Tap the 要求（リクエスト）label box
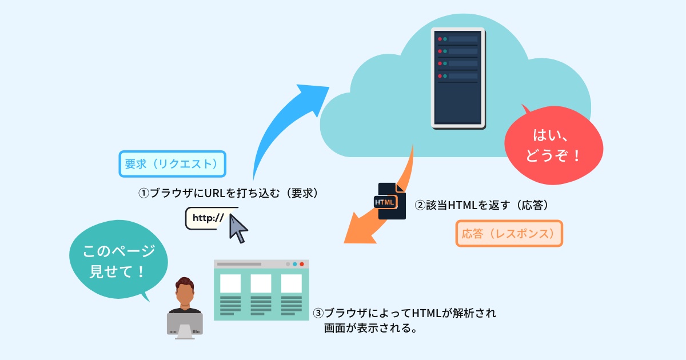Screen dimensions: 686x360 coord(173,164)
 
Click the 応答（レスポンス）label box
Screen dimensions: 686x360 coord(509,234)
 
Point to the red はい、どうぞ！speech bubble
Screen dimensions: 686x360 coord(554,145)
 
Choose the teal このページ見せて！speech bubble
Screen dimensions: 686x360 coord(118,259)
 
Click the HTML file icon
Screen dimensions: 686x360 coord(390,201)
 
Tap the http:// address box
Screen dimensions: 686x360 coord(208,218)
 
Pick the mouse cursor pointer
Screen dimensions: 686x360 coord(238,229)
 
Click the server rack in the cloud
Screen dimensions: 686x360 coord(458,78)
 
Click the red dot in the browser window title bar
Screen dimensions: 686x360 coord(302,264)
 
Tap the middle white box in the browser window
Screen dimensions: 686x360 coord(261,283)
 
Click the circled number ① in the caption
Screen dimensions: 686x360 coord(143,194)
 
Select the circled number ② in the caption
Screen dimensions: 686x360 coord(420,205)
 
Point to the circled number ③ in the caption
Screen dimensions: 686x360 coord(318,313)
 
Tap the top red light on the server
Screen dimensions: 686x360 coord(440,39)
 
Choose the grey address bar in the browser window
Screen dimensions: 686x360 coord(239,264)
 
